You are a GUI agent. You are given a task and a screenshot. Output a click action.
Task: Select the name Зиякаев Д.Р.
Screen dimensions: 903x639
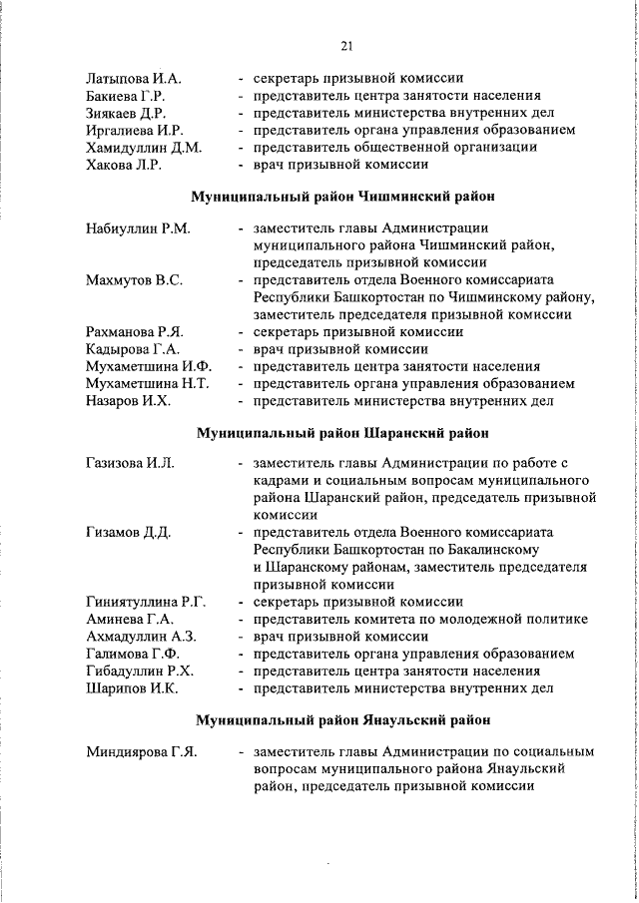[x=128, y=113]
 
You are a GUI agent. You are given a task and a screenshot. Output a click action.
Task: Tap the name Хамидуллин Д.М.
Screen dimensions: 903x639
[x=144, y=148]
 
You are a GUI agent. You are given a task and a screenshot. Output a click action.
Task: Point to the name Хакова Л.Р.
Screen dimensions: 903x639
[x=124, y=166]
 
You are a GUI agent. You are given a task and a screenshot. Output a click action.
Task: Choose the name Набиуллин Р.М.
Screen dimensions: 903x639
[x=138, y=228]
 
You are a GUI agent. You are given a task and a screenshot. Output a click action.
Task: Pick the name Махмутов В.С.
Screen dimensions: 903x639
[x=134, y=280]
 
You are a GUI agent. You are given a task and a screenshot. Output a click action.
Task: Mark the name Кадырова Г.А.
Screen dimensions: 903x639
[x=133, y=349]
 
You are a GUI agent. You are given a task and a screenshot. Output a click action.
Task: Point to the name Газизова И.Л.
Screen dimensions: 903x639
[x=131, y=464]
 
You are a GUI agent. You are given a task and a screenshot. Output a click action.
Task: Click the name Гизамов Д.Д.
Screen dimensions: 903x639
[x=129, y=532]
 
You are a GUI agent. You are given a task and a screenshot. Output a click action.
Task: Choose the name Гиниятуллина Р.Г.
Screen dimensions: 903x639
[x=146, y=602]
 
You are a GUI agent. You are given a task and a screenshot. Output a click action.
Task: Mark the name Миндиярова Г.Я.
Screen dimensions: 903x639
[x=141, y=750]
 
